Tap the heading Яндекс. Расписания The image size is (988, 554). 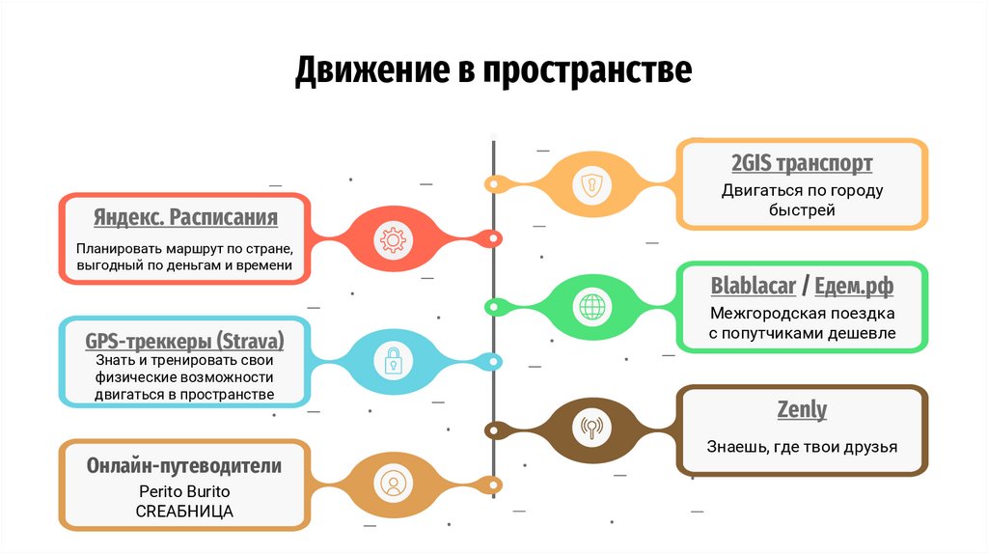click(x=185, y=216)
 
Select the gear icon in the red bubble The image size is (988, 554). click(x=393, y=239)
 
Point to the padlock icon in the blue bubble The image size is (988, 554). click(x=393, y=362)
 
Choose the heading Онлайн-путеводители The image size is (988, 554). click(x=184, y=465)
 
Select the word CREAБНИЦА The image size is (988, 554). click(x=184, y=511)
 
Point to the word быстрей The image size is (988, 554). click(x=802, y=209)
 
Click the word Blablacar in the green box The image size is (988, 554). click(x=754, y=286)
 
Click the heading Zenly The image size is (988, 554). click(x=802, y=409)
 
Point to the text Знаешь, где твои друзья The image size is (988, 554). click(x=802, y=447)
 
